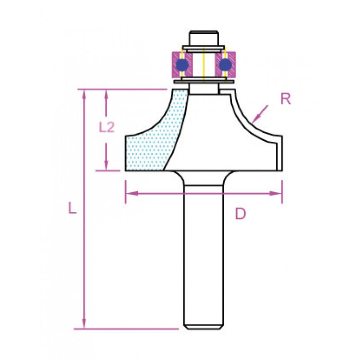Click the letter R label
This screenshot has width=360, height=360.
(x=286, y=99)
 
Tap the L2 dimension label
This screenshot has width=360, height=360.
(x=107, y=127)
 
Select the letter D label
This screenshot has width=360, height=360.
(x=240, y=214)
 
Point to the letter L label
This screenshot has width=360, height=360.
(x=72, y=208)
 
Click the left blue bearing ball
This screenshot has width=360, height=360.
(x=182, y=65)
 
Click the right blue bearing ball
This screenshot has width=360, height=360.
(x=225, y=65)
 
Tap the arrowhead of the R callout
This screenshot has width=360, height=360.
(x=255, y=120)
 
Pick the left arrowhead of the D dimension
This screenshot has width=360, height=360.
(x=132, y=193)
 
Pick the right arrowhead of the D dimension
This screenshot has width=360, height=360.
(x=275, y=193)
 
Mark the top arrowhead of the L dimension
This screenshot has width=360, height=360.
(x=84, y=95)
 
